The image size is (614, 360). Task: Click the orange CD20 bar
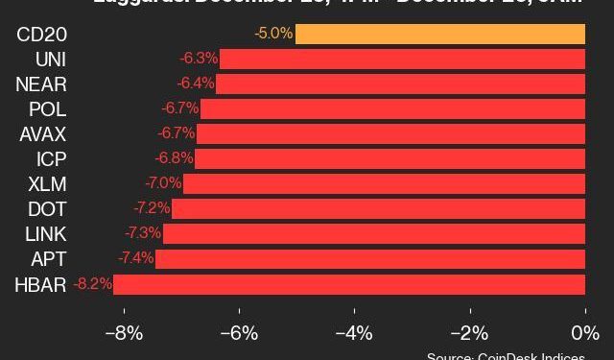(440, 35)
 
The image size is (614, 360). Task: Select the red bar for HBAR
(349, 284)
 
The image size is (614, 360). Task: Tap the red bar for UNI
(403, 60)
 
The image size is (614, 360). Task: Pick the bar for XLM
(384, 183)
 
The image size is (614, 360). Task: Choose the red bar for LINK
(374, 233)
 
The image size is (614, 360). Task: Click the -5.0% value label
(273, 35)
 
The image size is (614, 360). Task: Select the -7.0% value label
(163, 183)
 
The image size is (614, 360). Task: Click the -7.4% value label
(135, 258)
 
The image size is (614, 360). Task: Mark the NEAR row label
(41, 84)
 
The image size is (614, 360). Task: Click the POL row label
(47, 108)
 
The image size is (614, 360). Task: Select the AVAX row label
(43, 133)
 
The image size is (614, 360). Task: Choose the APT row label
(49, 258)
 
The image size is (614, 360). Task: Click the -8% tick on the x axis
(123, 334)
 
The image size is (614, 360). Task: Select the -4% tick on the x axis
(354, 334)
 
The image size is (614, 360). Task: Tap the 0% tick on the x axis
(585, 334)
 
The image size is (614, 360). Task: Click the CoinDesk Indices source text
(508, 355)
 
